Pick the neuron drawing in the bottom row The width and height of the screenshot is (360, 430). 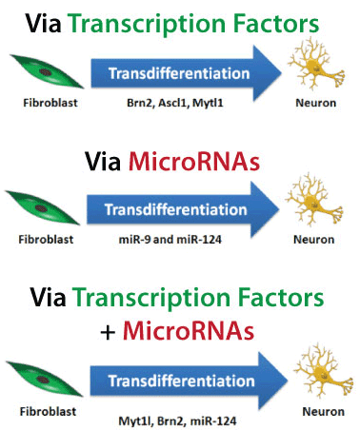(312, 373)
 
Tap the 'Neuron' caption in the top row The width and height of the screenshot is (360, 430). (320, 98)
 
